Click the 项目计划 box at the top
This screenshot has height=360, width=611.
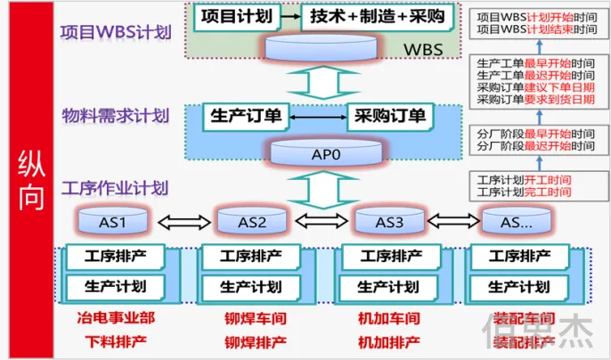click(x=234, y=17)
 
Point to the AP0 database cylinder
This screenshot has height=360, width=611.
click(x=325, y=152)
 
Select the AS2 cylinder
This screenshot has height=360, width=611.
click(x=252, y=220)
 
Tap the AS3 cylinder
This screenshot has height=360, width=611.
click(x=388, y=220)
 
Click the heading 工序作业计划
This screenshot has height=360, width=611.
click(x=113, y=189)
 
